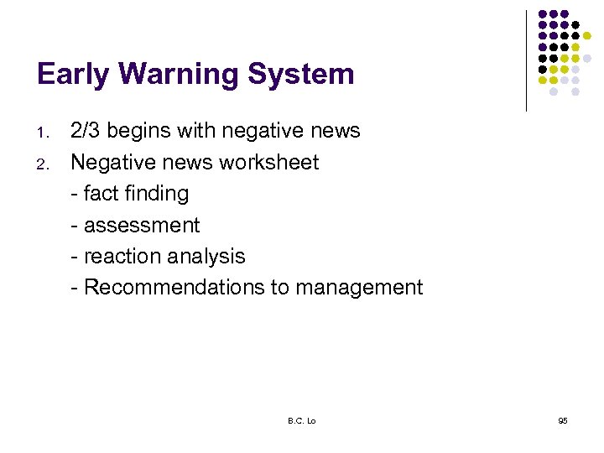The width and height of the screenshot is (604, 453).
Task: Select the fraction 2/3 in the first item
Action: point(87,131)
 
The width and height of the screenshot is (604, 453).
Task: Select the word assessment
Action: point(142,226)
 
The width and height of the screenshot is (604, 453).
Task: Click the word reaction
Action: point(122,256)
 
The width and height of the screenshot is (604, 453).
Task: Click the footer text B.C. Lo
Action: point(300,420)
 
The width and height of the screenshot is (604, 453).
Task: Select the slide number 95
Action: point(562,420)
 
